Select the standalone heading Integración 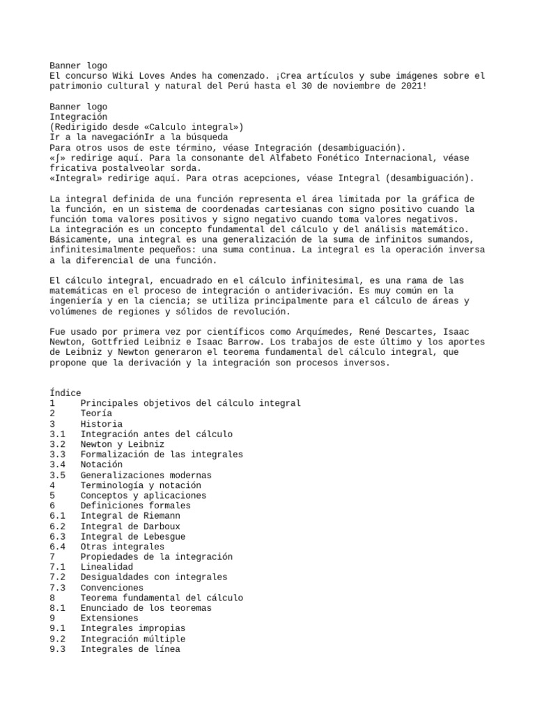coord(78,116)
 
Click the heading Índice coord(65,393)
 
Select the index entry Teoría coord(96,413)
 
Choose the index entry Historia coord(101,424)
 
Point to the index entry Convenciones coord(111,588)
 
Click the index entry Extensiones coord(109,618)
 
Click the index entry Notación coord(101,464)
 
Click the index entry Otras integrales coord(121,547)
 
